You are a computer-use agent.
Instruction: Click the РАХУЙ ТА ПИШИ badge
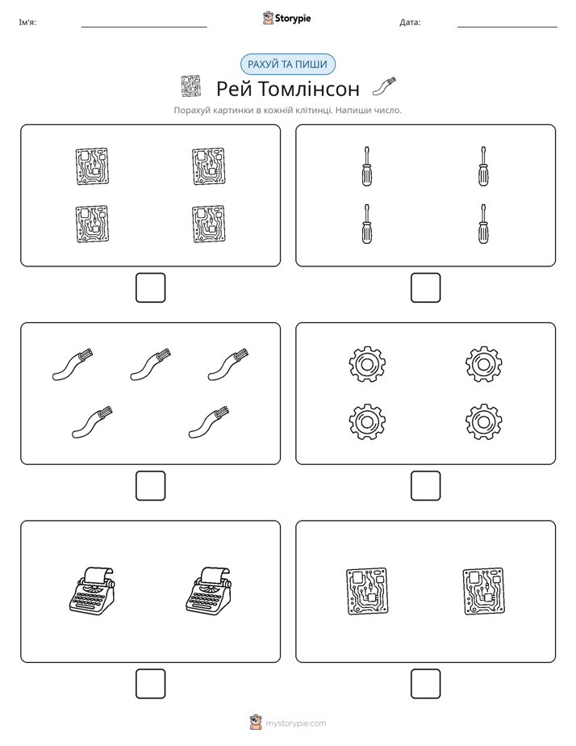(x=287, y=65)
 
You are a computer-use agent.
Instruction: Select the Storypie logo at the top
(x=286, y=18)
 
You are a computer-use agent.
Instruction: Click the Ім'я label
(x=27, y=23)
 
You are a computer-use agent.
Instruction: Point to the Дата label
(x=410, y=23)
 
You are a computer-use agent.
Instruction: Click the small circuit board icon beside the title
(x=191, y=86)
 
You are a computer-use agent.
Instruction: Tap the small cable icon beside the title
(x=384, y=86)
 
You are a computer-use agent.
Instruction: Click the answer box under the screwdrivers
(x=425, y=288)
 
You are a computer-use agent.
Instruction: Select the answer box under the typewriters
(x=150, y=684)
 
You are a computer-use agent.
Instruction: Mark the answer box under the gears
(x=425, y=486)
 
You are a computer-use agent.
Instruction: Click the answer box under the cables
(x=150, y=486)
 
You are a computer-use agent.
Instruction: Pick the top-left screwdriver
(x=366, y=166)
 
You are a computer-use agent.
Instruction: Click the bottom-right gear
(x=483, y=421)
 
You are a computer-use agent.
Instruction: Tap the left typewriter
(x=92, y=590)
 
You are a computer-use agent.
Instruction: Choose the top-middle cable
(x=150, y=365)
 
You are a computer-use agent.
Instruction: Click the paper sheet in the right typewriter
(x=215, y=574)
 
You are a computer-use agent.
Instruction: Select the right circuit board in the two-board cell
(x=483, y=591)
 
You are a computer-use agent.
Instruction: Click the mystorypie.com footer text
(x=295, y=723)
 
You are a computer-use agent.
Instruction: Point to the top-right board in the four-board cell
(x=209, y=166)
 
